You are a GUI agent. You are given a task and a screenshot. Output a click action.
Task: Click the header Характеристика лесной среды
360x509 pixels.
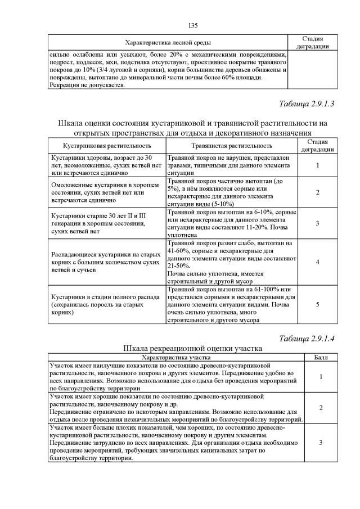[168, 43]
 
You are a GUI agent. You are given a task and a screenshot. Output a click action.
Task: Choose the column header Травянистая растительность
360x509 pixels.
[231, 146]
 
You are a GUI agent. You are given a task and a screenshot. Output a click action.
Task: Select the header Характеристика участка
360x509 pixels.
[176, 357]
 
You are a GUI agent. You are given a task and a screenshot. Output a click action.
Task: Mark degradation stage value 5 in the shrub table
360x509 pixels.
[318, 304]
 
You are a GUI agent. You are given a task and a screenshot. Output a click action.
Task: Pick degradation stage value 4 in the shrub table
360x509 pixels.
[318, 262]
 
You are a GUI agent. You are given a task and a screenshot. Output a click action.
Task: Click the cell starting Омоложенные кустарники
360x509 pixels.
[105, 192]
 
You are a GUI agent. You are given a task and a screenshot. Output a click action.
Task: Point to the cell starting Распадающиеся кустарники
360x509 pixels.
[105, 262]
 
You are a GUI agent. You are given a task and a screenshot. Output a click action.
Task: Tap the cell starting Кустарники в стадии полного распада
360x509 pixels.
[105, 304]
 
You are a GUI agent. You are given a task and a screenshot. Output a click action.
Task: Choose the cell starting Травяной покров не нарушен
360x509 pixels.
[231, 166]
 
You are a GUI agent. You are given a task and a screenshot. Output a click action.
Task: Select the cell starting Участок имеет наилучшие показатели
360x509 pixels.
[176, 376]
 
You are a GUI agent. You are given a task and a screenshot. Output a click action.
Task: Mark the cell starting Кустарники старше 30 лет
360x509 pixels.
[105, 223]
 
